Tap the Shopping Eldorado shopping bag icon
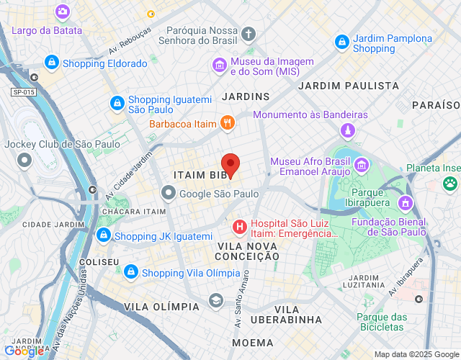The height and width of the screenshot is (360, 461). pyautogui.click(x=51, y=63)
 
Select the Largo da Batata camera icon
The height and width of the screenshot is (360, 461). pyautogui.click(x=62, y=12)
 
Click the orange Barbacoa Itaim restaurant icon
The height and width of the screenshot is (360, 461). pyautogui.click(x=227, y=123)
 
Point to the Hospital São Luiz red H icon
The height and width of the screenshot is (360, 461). pyautogui.click(x=239, y=228)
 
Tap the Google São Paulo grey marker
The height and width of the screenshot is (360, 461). pyautogui.click(x=168, y=193)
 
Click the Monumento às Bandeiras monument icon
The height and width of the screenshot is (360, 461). pyautogui.click(x=348, y=131)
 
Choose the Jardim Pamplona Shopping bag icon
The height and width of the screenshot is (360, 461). pyautogui.click(x=341, y=42)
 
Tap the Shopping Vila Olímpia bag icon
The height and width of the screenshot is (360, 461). pyautogui.click(x=130, y=272)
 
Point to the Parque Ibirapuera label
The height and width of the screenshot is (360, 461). pyautogui.click(x=376, y=198)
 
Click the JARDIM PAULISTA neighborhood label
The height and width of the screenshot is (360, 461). pyautogui.click(x=338, y=86)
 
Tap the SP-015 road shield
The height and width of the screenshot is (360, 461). pyautogui.click(x=23, y=92)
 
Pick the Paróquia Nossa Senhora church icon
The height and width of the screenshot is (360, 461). pyautogui.click(x=249, y=34)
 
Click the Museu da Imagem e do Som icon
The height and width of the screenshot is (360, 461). pyautogui.click(x=219, y=66)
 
